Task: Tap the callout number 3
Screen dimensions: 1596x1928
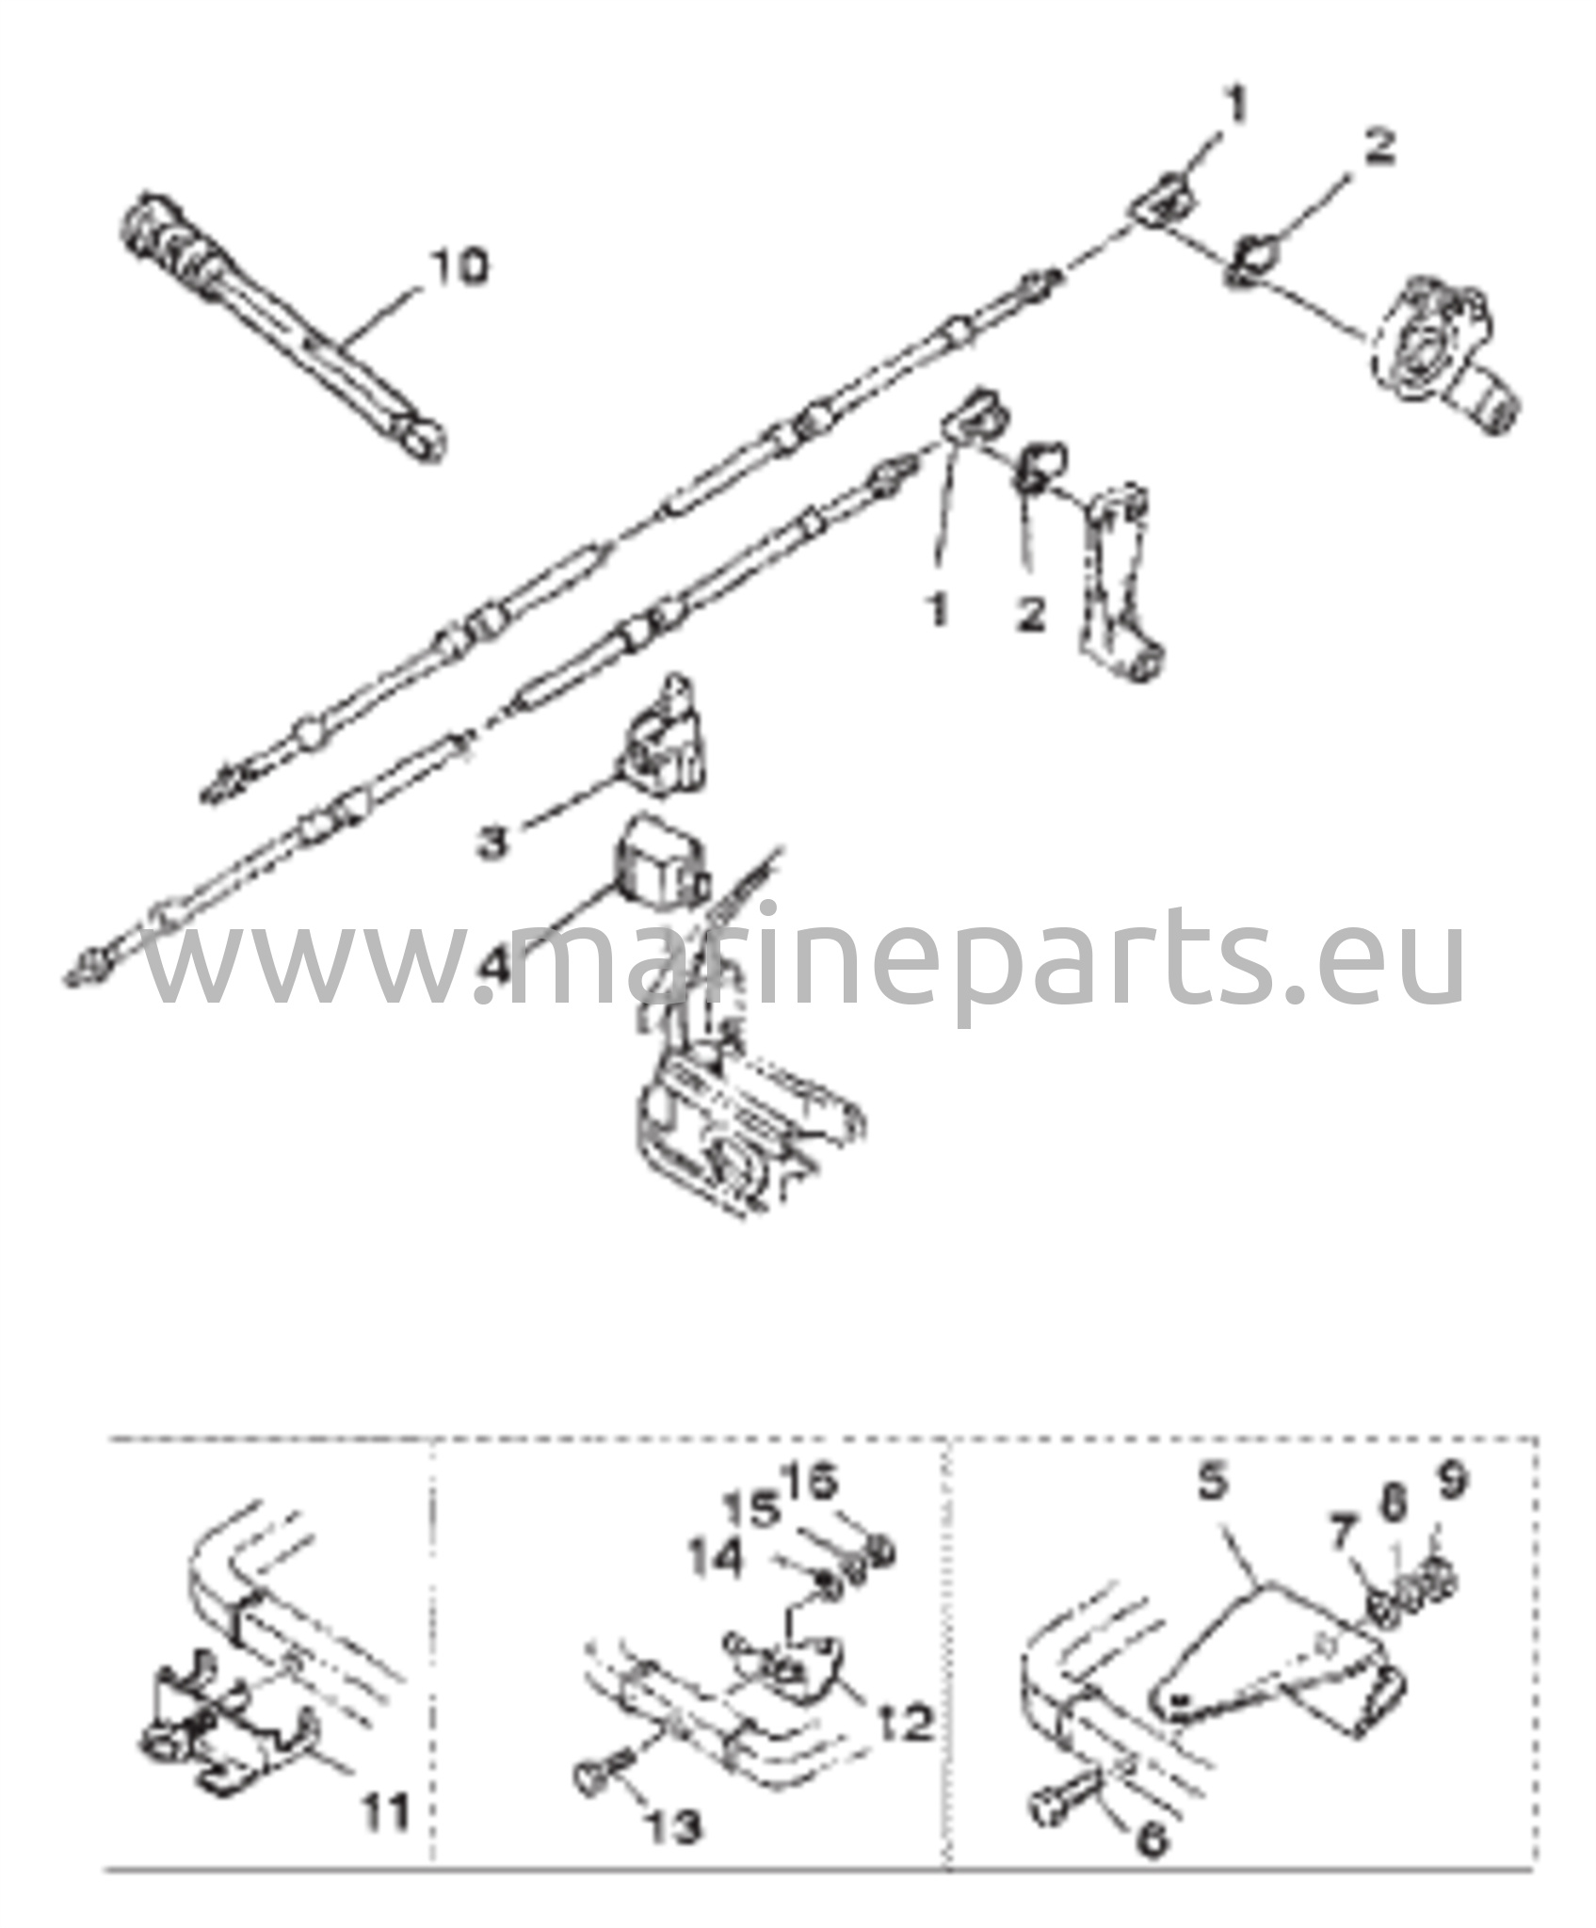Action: pos(492,840)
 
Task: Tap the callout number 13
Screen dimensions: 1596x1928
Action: pos(672,1827)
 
